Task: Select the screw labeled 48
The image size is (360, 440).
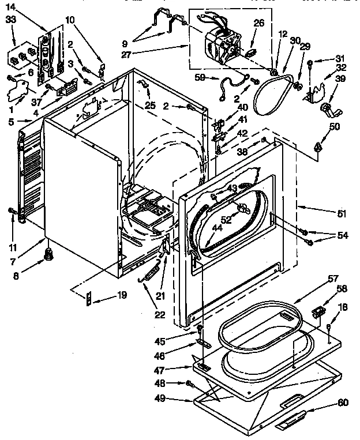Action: click(x=189, y=383)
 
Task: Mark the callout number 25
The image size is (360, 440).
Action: click(x=151, y=106)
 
